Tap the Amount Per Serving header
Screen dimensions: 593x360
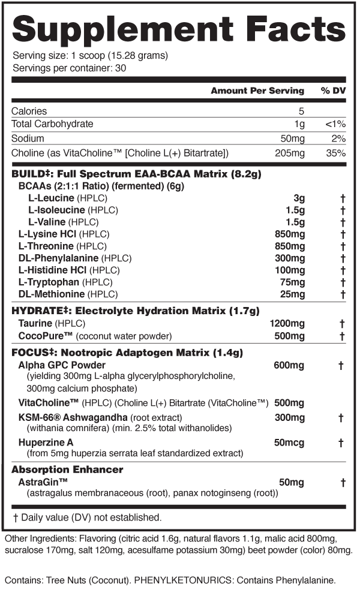coord(257,91)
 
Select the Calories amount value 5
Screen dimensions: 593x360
coord(302,111)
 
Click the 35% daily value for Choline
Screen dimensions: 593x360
coord(336,153)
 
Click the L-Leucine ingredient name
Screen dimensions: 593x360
coord(51,198)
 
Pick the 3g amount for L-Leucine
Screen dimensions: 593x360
coord(299,198)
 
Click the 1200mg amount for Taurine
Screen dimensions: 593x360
coord(287,324)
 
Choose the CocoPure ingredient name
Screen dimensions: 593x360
coord(43,336)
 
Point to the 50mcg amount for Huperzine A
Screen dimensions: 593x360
coord(290,443)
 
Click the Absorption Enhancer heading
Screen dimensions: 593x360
coord(67,469)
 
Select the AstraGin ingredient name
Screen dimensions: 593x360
coord(43,482)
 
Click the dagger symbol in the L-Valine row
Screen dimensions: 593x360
coord(343,222)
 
